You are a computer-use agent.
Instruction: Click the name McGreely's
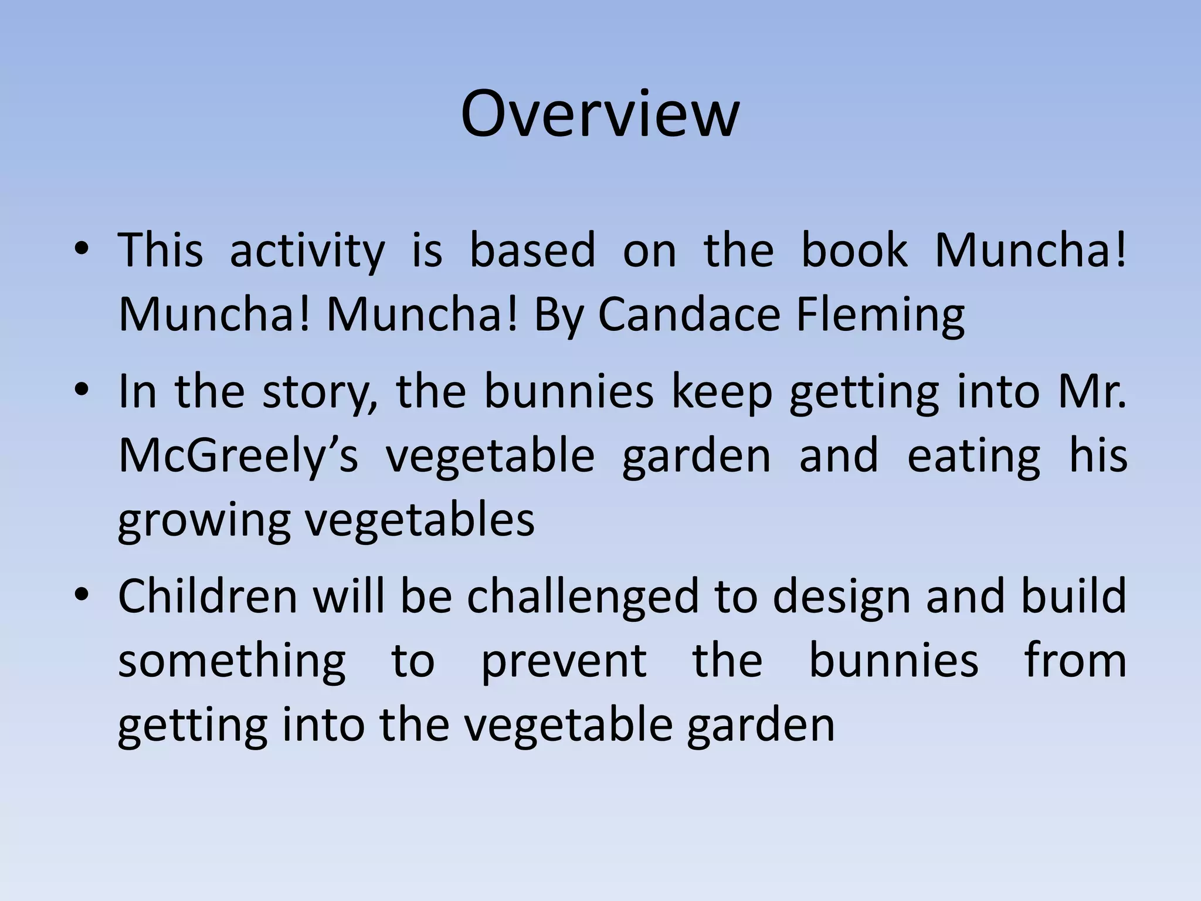click(x=238, y=456)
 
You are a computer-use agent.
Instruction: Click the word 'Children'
click(x=208, y=596)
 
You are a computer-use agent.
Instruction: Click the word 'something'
click(x=232, y=661)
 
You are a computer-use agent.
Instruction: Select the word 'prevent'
click(x=564, y=662)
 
